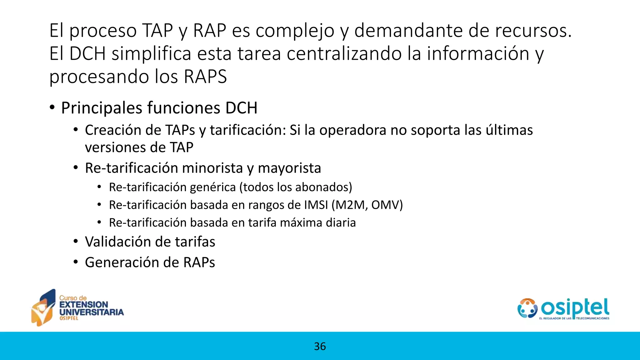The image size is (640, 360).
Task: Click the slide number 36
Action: click(320, 346)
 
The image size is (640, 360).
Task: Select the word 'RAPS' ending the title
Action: click(205, 77)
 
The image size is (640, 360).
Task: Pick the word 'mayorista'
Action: click(289, 168)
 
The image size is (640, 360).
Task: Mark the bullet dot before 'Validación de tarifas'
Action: click(76, 242)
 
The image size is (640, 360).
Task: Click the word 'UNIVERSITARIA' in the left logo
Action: click(91, 312)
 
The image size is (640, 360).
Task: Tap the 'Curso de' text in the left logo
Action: click(73, 298)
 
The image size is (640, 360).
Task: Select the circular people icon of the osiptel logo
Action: click(527, 308)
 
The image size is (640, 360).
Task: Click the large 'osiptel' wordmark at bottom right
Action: click(575, 308)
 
